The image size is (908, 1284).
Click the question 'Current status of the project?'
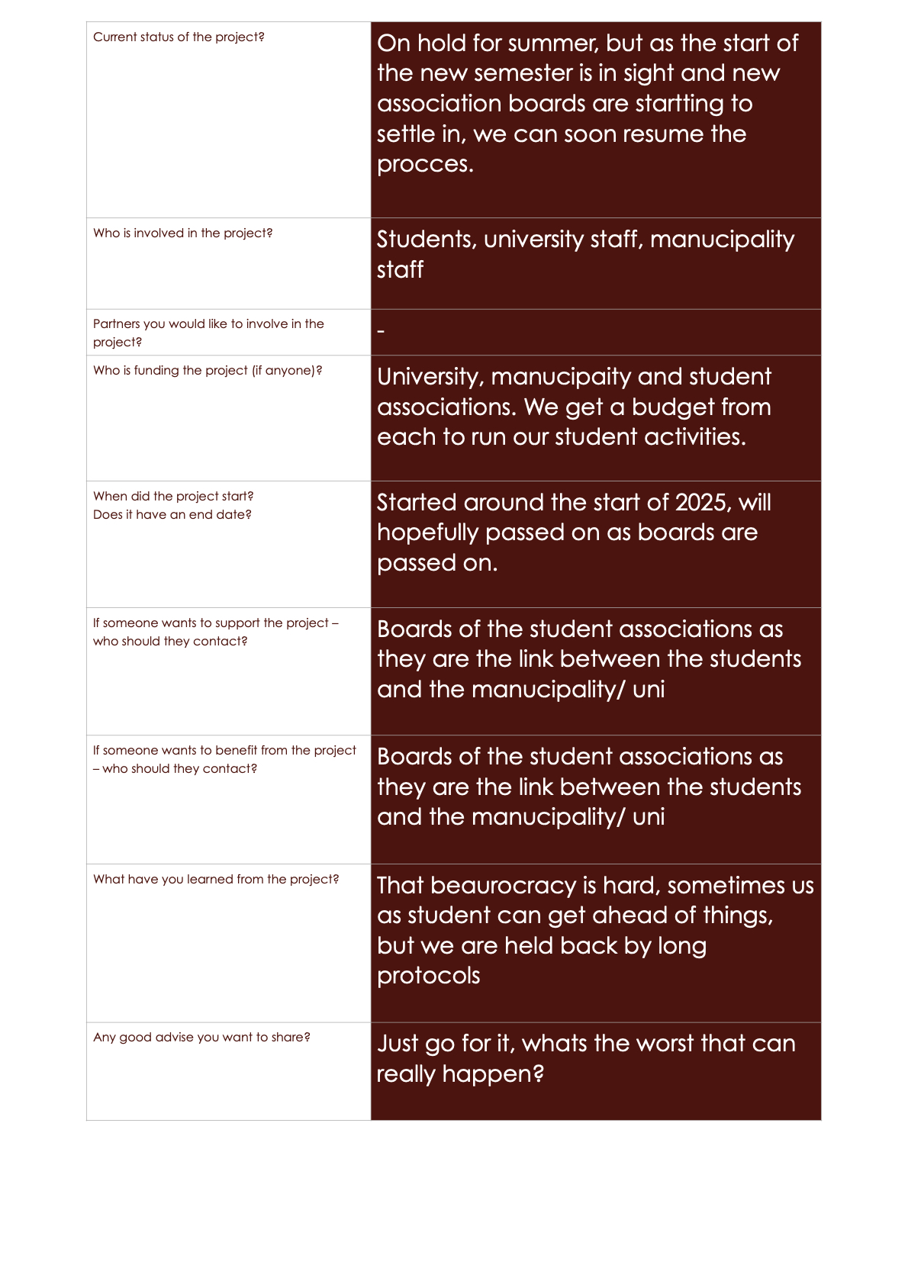coord(179,37)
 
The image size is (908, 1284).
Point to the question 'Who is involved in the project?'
coord(182,233)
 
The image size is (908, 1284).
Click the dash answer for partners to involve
coord(381,332)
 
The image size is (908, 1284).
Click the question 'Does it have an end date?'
coord(172,515)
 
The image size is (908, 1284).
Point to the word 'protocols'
coord(428,977)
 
